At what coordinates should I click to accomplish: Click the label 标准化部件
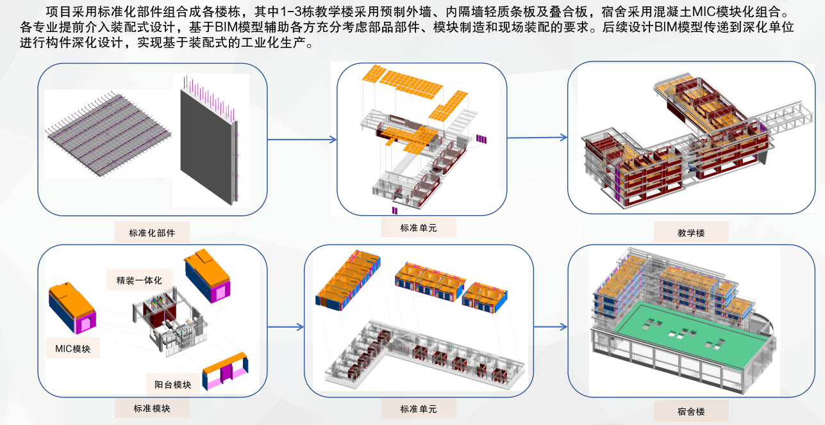click(x=152, y=232)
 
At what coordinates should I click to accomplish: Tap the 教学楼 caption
click(x=691, y=233)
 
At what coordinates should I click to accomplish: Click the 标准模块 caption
click(x=152, y=408)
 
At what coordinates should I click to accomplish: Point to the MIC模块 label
click(x=72, y=349)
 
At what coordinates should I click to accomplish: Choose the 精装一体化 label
click(x=135, y=280)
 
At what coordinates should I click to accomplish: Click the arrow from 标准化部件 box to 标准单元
click(x=301, y=140)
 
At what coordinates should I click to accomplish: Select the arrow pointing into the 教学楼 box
click(x=537, y=137)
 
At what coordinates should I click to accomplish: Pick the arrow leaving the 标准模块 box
click(x=285, y=327)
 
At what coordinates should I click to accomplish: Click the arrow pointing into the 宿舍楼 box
click(x=550, y=326)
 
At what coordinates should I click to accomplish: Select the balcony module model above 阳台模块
click(x=224, y=372)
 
